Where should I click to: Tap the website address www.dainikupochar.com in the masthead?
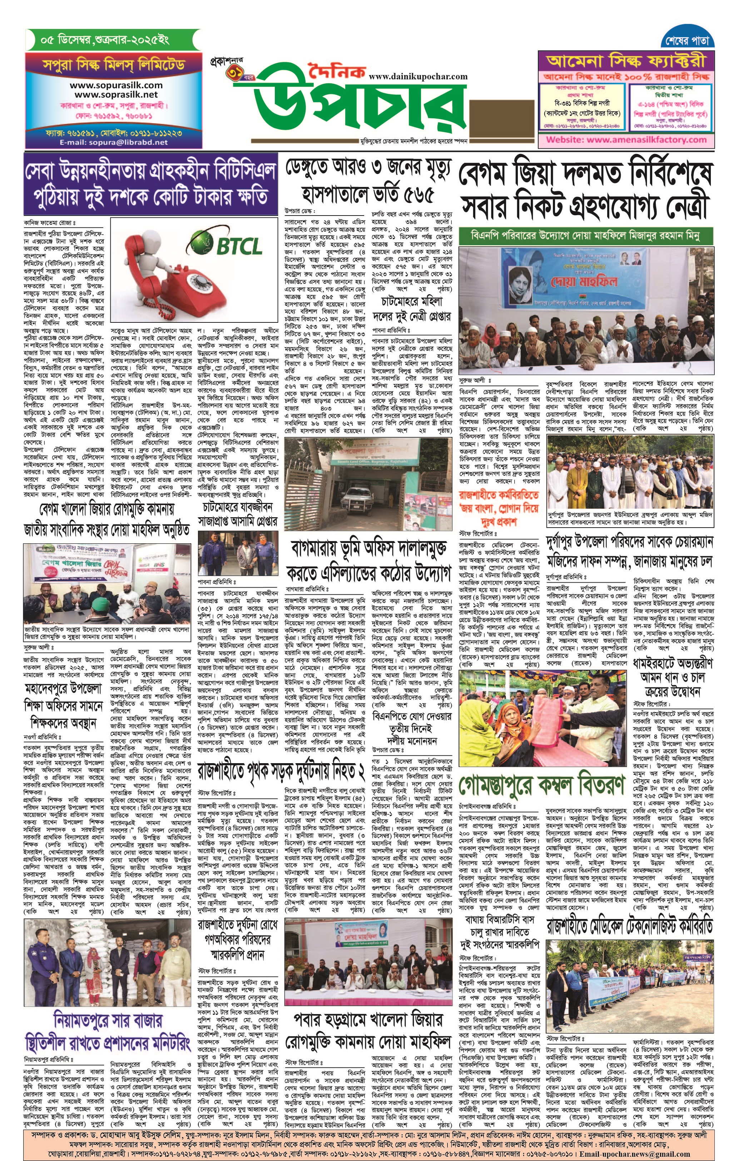coord(418,76)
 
